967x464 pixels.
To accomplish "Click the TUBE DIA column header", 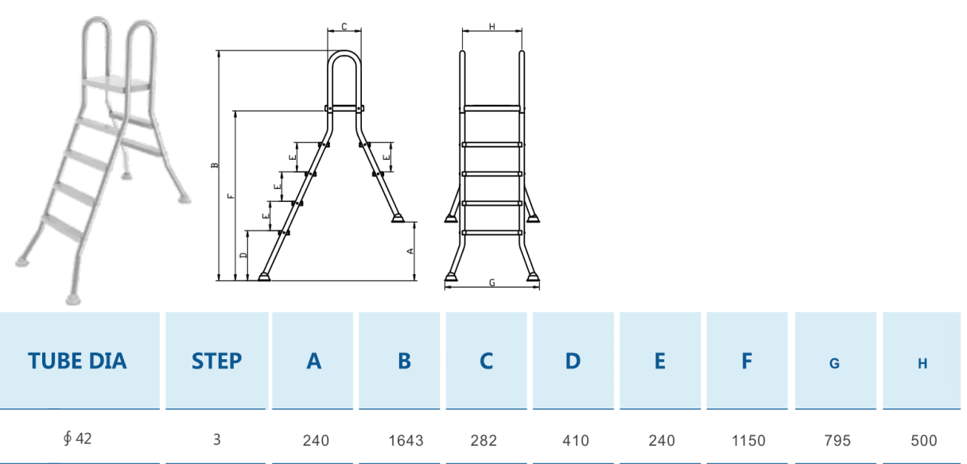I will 77,361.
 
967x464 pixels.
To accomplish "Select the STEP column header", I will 216,361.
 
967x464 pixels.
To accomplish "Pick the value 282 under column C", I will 487,440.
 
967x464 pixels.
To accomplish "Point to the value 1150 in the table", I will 748,440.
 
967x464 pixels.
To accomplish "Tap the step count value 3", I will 216,439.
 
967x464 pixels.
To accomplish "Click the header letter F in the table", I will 747,361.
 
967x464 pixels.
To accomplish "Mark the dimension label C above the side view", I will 344,27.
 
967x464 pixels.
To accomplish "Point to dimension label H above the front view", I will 492,27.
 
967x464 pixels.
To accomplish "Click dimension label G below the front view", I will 492,283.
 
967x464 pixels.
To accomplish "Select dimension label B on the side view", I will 214,166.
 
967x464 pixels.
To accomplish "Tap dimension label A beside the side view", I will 410,250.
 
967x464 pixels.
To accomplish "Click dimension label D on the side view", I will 243,256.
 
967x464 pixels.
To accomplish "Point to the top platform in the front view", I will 492,107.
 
